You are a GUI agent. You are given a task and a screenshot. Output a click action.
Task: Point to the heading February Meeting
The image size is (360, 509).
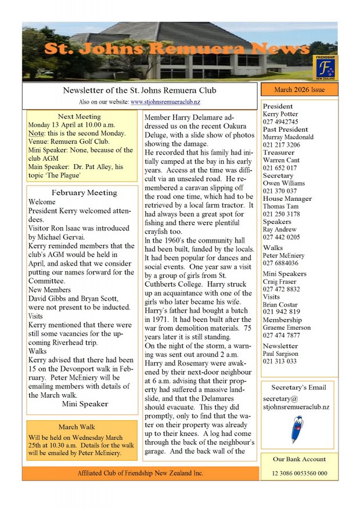(x=84, y=192)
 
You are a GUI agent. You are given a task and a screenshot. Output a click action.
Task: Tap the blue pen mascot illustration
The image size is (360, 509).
(x=297, y=428)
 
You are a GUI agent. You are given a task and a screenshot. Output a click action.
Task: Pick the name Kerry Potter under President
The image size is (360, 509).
(x=280, y=114)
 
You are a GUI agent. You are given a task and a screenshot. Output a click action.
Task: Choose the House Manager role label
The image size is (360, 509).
(x=287, y=198)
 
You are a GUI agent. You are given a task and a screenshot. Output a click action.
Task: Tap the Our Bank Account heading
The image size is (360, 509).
(x=299, y=459)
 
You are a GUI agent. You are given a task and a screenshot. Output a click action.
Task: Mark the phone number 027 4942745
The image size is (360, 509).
(x=280, y=122)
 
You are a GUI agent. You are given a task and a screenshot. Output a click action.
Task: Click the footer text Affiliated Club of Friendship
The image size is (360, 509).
(x=140, y=473)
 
